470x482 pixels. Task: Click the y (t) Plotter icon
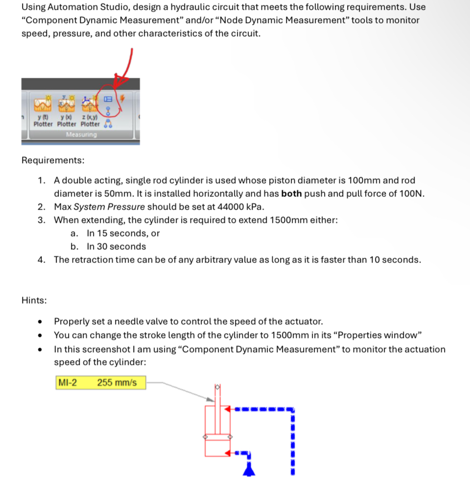click(43, 104)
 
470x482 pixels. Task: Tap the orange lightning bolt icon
click(122, 98)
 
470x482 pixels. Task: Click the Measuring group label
click(81, 134)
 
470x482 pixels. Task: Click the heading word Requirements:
click(52, 161)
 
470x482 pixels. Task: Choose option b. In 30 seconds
click(116, 246)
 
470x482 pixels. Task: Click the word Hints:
click(34, 300)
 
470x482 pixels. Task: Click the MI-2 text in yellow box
click(68, 383)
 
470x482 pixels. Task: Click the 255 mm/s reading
click(117, 383)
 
